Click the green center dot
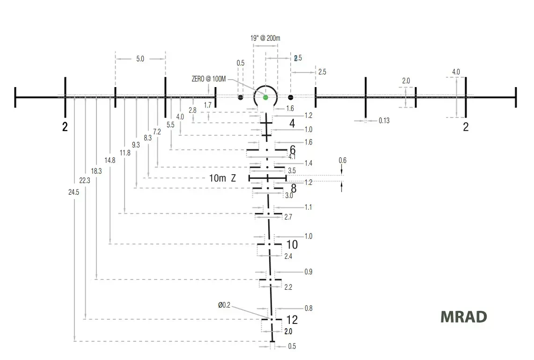[x=266, y=97]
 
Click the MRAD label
[x=463, y=317]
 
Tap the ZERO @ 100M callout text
[x=209, y=79]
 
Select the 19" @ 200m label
[x=265, y=38]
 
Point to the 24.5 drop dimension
[x=73, y=192]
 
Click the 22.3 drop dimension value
[x=85, y=181]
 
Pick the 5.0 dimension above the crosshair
[x=140, y=59]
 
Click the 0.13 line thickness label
[x=384, y=121]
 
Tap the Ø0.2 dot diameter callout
[x=224, y=305]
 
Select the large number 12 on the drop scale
[x=292, y=320]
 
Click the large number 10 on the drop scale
[x=292, y=244]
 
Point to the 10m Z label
[x=222, y=178]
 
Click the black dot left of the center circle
[x=241, y=98]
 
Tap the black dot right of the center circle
[x=291, y=97]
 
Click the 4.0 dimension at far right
[x=456, y=72]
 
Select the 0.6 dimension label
[x=343, y=161]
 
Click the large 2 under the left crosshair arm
[x=65, y=127]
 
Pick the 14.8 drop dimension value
[x=110, y=161]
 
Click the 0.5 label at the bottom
[x=292, y=346]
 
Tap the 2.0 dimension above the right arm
[x=406, y=81]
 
